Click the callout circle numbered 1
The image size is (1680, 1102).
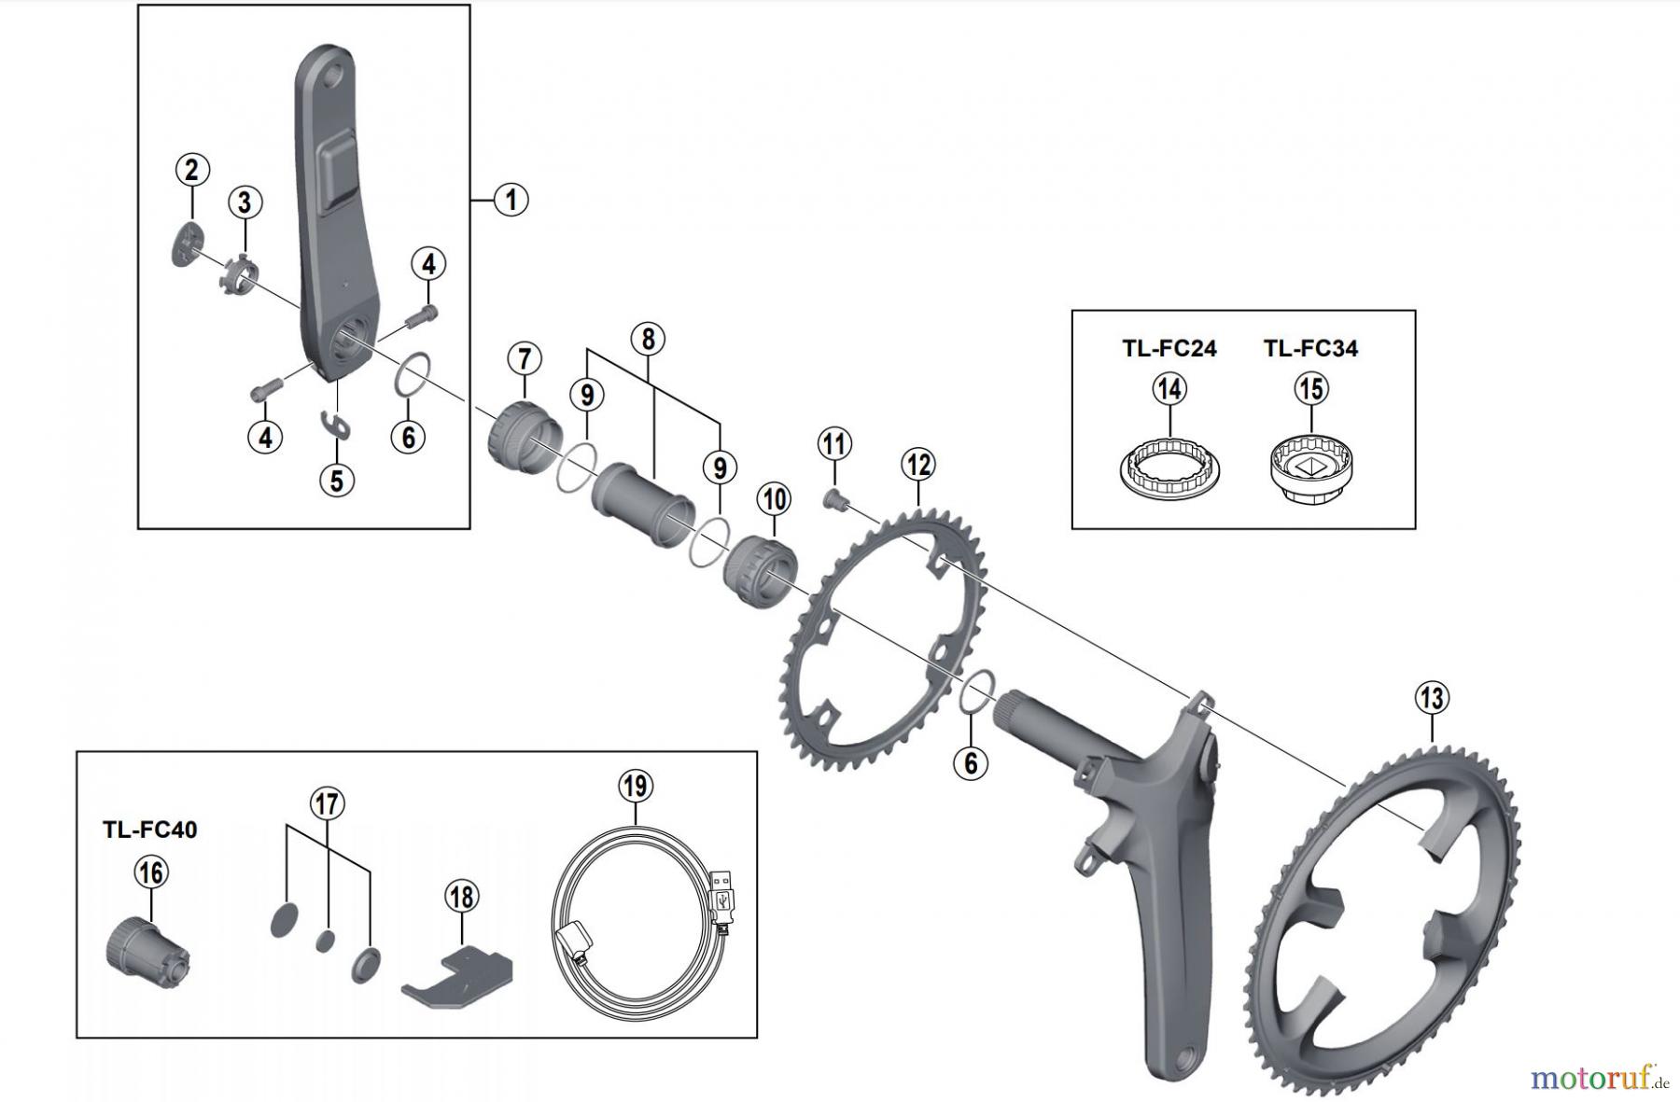pyautogui.click(x=511, y=199)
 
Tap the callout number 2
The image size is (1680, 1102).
pyautogui.click(x=191, y=171)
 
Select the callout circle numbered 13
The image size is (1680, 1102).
pyautogui.click(x=1432, y=697)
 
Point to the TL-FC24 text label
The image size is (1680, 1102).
pyautogui.click(x=1169, y=349)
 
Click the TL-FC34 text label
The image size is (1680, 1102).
pyautogui.click(x=1310, y=349)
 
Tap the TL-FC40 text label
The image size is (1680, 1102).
pyautogui.click(x=149, y=830)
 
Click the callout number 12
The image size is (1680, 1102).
pyautogui.click(x=918, y=464)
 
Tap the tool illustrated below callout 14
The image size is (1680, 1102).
pyautogui.click(x=1170, y=466)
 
